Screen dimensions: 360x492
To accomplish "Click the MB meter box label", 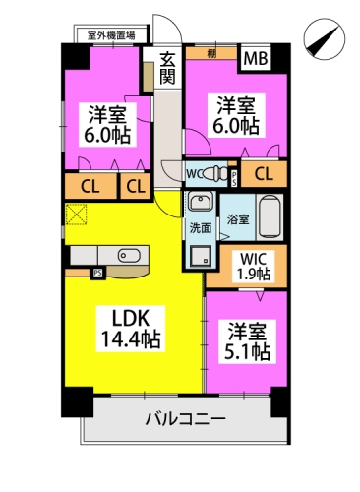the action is tap(256, 59).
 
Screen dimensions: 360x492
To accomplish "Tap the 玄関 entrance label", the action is tap(167, 68).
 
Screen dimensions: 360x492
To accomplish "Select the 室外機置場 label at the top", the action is tap(111, 35).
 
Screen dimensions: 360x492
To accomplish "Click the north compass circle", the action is tap(325, 39).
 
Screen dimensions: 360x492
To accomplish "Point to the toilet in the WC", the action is tap(217, 174).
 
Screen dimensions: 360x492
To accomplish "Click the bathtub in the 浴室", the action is tap(270, 216).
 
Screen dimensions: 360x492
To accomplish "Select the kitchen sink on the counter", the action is tap(129, 255).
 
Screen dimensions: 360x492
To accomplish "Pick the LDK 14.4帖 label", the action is tap(131, 329).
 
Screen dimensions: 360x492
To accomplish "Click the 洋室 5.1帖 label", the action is tap(247, 341).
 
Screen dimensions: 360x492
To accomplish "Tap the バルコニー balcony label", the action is tap(186, 419).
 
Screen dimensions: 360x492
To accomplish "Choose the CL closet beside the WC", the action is tap(264, 174).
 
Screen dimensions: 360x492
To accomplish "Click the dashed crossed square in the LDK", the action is tap(77, 215).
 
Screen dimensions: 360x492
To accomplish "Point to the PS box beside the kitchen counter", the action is tap(97, 273).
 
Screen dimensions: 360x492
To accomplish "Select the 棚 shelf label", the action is tap(211, 54).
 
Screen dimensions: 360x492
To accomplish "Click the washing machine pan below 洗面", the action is tap(201, 255).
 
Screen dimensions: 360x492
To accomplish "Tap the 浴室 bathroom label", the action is tap(238, 219).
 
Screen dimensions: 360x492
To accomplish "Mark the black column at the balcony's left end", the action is tap(78, 402).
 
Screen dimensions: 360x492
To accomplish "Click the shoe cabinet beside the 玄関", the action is tap(149, 77).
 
